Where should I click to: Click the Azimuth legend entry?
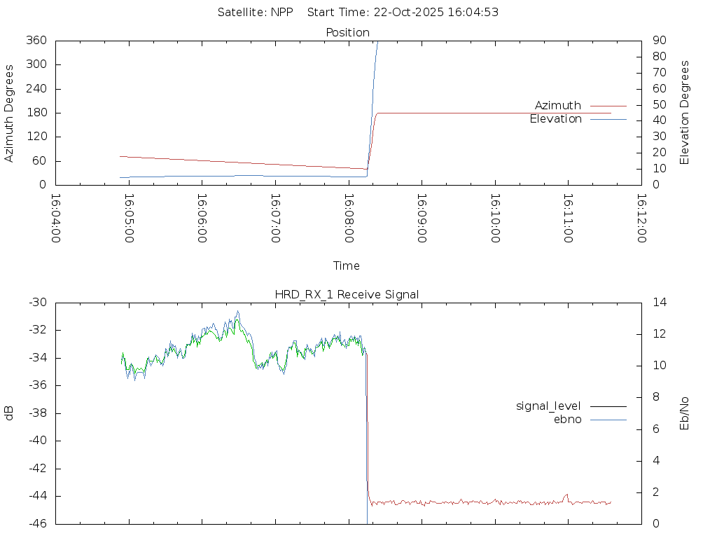(558, 106)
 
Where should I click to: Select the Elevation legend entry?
(556, 119)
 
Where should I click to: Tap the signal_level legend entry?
(548, 406)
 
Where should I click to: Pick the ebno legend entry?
(568, 420)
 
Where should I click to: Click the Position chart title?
(347, 33)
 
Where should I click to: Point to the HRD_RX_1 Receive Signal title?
(347, 294)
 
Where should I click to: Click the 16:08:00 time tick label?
(348, 218)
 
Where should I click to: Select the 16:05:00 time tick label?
(128, 218)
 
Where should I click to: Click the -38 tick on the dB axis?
(36, 413)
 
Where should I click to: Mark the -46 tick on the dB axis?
(36, 523)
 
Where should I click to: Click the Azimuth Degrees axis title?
(10, 113)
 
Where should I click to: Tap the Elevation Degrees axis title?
(685, 113)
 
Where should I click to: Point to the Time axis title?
(347, 266)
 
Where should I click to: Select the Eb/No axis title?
(685, 413)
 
